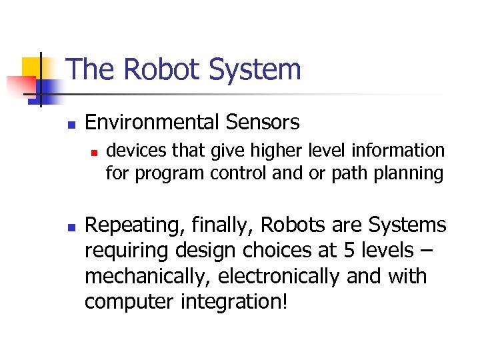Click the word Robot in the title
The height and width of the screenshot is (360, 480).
(x=151, y=69)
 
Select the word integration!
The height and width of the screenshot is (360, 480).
(x=235, y=302)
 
